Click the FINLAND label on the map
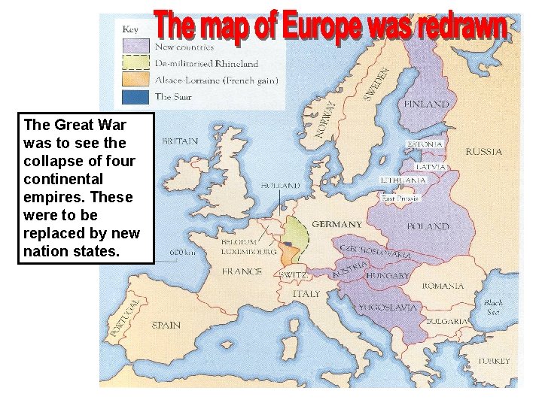point(427,105)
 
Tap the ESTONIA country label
point(425,144)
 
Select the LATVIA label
point(431,166)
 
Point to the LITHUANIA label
point(403,180)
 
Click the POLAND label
point(428,226)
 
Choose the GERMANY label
point(336,224)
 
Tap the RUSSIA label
point(483,151)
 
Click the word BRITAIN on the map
point(180,141)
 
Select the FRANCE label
point(242,271)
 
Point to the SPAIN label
point(166,326)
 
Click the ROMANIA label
point(443,286)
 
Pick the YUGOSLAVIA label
point(387,308)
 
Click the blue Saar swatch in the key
point(133,96)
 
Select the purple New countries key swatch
point(133,47)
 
